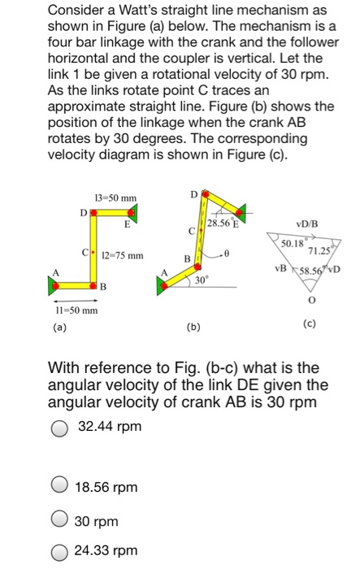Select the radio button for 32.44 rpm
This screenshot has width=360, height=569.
tap(60, 427)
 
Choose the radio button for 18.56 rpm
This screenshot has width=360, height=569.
tap(60, 487)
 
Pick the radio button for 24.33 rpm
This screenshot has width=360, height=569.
tap(60, 552)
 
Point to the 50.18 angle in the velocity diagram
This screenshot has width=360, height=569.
tap(292, 243)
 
